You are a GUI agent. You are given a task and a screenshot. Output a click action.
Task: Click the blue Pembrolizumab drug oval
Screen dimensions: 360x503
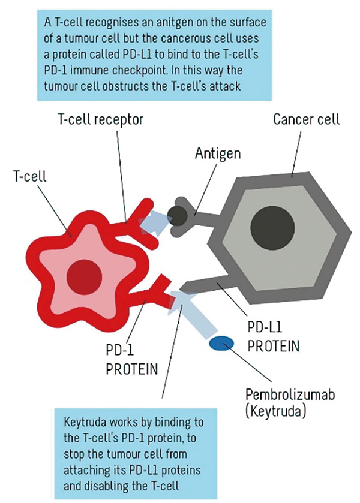click(x=221, y=343)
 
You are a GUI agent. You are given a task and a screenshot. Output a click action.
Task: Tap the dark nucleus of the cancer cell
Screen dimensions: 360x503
click(x=272, y=226)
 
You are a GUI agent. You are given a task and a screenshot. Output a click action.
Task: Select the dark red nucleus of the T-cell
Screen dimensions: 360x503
click(x=85, y=276)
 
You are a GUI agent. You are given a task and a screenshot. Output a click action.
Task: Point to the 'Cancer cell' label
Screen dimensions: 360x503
click(x=307, y=119)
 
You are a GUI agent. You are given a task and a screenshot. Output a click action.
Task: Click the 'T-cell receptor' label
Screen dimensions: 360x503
click(x=100, y=120)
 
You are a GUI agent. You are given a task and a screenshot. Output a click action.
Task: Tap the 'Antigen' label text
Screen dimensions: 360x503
click(x=218, y=153)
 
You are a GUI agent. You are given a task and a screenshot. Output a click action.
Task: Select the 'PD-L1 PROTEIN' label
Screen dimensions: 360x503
click(x=273, y=336)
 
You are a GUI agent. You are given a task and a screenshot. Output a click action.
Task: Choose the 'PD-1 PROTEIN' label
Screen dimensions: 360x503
click(x=132, y=359)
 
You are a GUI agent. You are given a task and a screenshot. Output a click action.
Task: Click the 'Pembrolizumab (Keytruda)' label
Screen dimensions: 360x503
click(x=290, y=402)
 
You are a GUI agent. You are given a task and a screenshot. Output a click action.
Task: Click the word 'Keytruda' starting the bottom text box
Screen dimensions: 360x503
click(x=85, y=423)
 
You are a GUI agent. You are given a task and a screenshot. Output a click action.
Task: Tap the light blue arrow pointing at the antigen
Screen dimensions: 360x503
click(x=155, y=222)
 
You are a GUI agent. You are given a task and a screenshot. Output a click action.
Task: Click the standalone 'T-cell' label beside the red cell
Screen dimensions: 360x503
click(x=29, y=176)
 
